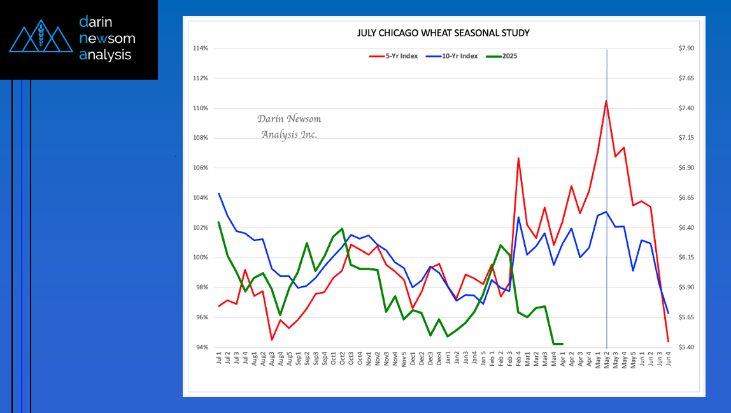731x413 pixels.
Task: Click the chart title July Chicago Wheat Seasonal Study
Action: (x=443, y=33)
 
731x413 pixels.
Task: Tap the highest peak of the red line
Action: (x=606, y=101)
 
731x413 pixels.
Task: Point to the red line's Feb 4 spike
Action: (x=518, y=158)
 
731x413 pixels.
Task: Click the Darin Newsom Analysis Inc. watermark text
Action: (x=289, y=126)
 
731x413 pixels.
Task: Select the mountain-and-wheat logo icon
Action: (x=39, y=39)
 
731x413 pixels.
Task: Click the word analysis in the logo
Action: (x=105, y=55)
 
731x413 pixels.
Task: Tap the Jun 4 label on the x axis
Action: (x=668, y=360)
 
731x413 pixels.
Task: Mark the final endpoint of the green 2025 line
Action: (x=562, y=344)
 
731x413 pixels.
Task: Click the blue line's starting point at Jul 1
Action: (x=219, y=194)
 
